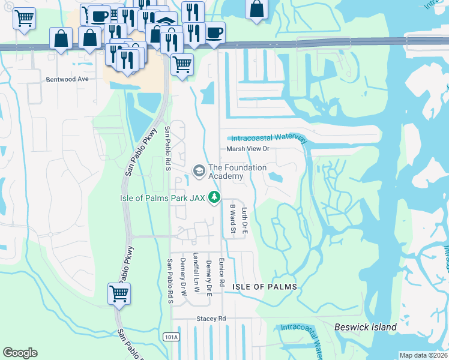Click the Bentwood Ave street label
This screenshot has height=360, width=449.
[67, 79]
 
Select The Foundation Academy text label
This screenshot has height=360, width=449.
[237, 172]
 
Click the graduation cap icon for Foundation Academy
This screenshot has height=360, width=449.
[198, 172]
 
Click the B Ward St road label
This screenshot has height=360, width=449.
[232, 218]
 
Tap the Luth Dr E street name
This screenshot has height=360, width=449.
[244, 220]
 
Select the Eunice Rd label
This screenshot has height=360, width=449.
[221, 272]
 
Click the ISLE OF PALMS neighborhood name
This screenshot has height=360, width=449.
[265, 287]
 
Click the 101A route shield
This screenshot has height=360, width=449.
[171, 337]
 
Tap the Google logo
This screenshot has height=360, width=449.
[20, 353]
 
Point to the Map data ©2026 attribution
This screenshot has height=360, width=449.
[423, 355]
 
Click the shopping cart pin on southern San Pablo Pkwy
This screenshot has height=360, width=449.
[119, 294]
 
